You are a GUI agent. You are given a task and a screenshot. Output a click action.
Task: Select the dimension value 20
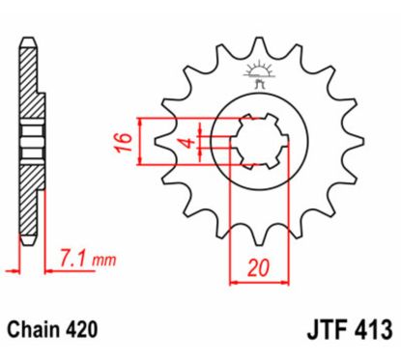[256, 269]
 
